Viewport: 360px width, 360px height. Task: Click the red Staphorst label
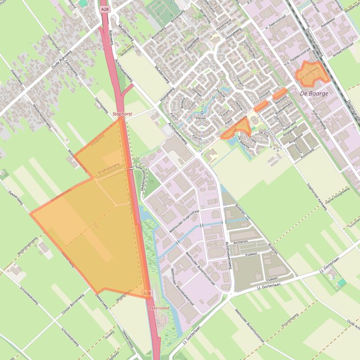point(122,114)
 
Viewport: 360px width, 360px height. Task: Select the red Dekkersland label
point(157,309)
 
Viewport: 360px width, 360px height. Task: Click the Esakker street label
point(252,254)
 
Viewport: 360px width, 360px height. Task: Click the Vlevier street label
point(201,119)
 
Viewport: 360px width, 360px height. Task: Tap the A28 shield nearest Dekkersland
point(147,293)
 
